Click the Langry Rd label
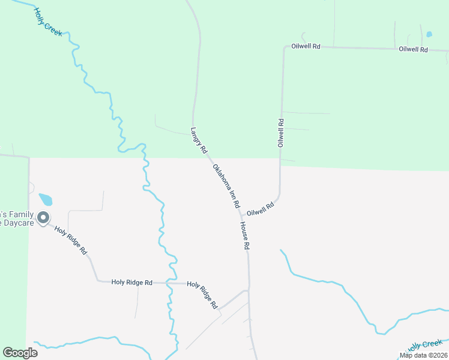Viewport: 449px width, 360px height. [199, 139]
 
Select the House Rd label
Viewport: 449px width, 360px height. [244, 235]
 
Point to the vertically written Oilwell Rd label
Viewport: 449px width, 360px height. [280, 133]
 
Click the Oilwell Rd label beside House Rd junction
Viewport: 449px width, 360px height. [261, 209]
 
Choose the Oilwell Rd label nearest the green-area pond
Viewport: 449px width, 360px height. [413, 49]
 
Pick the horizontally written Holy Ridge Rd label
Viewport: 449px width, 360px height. [131, 282]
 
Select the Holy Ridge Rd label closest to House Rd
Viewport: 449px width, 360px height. [202, 295]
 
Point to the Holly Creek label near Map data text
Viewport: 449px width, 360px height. [424, 346]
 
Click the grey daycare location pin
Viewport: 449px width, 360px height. [43, 218]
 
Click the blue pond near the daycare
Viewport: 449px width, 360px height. [46, 199]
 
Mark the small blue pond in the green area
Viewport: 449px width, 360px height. [429, 34]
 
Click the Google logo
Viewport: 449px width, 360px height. [20, 352]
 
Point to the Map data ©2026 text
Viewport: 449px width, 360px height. [423, 355]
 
